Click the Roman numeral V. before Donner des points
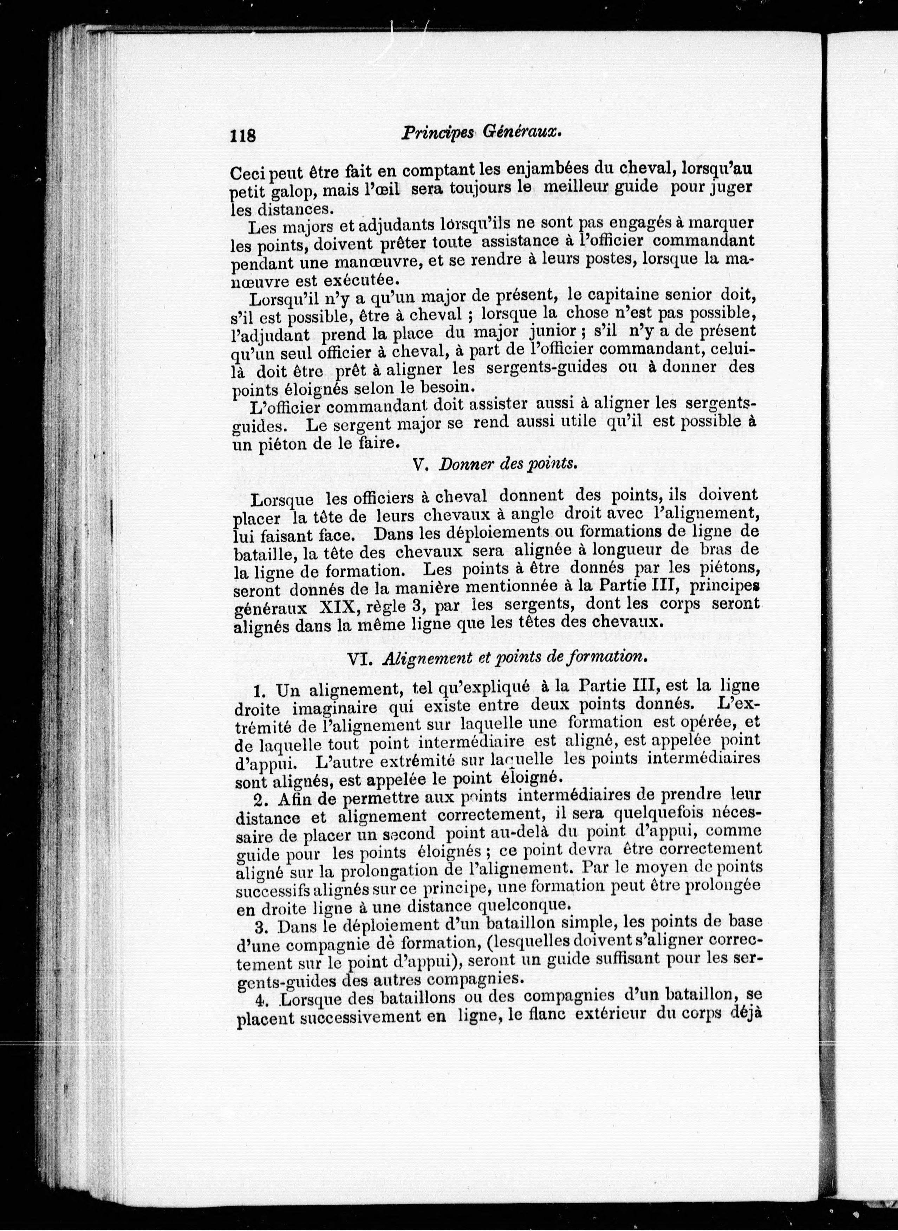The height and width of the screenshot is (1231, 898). point(418,465)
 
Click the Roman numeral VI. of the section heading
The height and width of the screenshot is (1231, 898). point(359,658)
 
